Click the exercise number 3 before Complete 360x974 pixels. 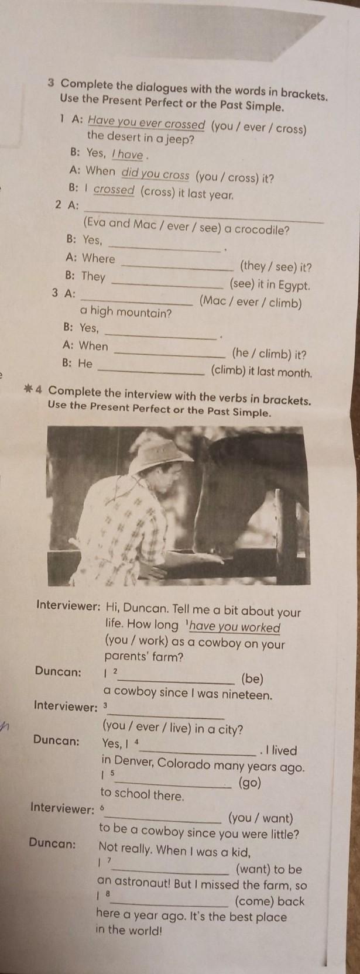pos(52,83)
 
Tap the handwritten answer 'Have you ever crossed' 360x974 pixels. pos(146,124)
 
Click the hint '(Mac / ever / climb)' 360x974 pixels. pos(250,302)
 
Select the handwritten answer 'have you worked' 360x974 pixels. pos(235,627)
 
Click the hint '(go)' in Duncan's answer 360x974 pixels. pos(250,783)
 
